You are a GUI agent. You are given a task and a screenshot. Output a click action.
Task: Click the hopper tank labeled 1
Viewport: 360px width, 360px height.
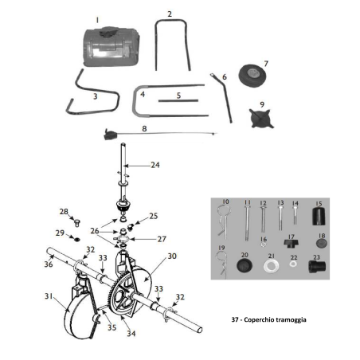click(x=110, y=48)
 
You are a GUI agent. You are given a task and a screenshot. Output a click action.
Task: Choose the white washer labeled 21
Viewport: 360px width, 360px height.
click(x=272, y=263)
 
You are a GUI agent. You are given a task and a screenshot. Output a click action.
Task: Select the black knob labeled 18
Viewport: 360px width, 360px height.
click(x=321, y=242)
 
